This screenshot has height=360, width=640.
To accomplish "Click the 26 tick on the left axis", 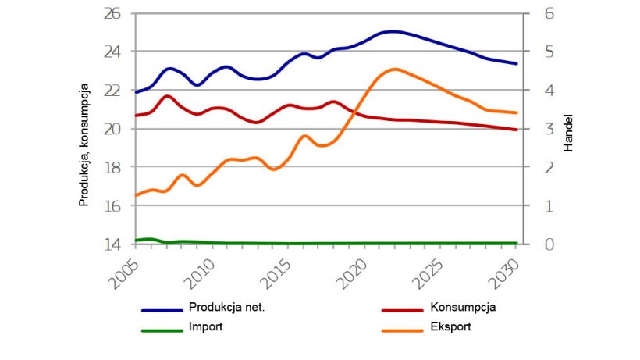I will click(113, 14).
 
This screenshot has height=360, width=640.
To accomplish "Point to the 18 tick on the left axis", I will click(113, 167).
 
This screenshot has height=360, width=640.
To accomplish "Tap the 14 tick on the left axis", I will click(113, 244).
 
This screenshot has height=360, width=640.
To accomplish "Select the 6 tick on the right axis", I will click(538, 14).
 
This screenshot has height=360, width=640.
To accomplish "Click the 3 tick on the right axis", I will click(538, 129).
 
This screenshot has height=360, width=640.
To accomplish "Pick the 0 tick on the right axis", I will click(538, 244).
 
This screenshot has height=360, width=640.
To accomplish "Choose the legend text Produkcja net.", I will click(226, 307).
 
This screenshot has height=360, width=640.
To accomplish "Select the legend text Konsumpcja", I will click(463, 307).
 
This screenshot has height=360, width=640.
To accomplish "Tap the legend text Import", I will click(205, 326).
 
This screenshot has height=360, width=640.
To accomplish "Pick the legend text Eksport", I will click(450, 326).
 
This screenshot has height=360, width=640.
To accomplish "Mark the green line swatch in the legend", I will click(162, 330).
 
